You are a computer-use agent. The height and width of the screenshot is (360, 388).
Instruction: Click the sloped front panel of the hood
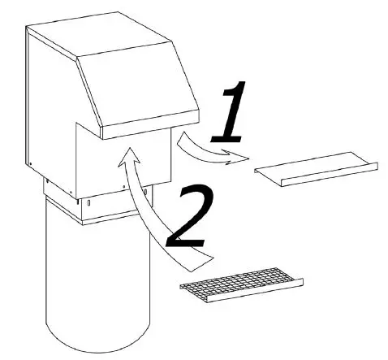[142, 89]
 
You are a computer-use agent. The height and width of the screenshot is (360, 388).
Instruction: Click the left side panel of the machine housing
[49, 106]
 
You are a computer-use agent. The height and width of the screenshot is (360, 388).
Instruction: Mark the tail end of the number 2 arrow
[208, 260]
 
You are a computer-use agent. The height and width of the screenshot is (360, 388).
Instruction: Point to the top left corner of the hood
[28, 28]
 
